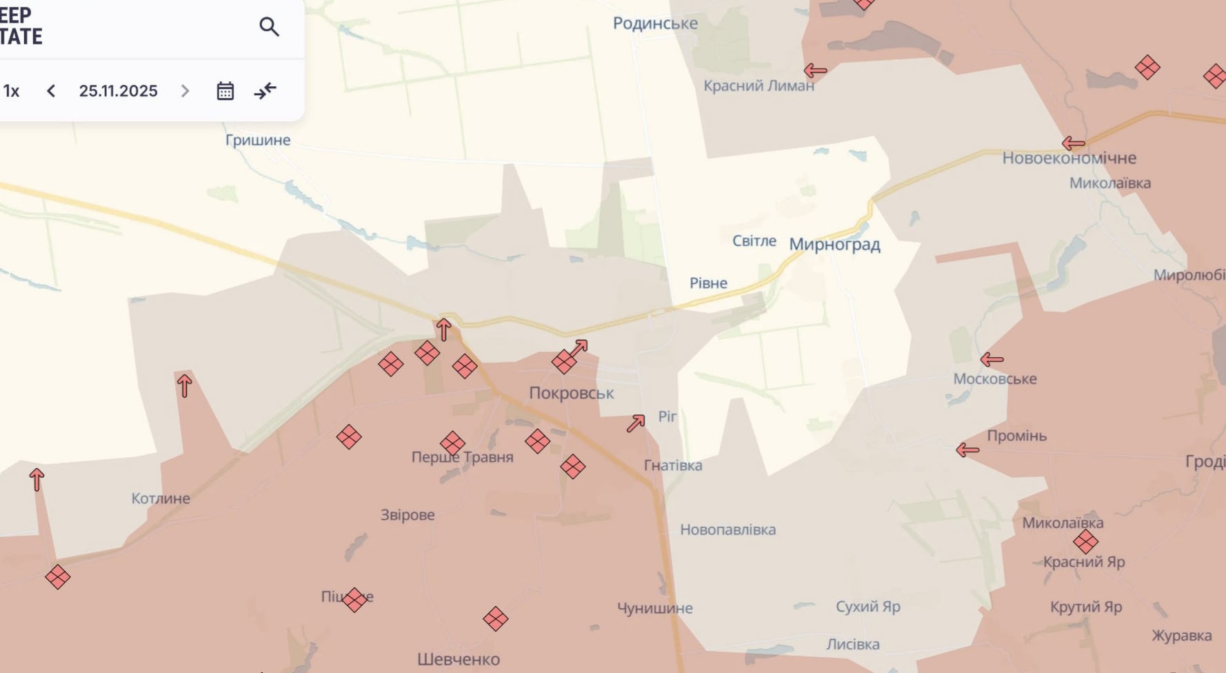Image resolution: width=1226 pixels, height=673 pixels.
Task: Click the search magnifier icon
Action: (x=269, y=27)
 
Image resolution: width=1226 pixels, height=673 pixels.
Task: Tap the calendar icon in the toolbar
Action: (x=225, y=91)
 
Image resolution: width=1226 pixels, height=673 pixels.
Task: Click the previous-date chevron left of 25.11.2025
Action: (x=51, y=91)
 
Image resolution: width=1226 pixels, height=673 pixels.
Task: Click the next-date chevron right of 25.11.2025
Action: (x=185, y=91)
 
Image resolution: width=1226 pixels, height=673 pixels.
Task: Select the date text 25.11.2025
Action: (x=118, y=91)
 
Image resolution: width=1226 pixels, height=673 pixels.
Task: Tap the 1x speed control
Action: (x=11, y=91)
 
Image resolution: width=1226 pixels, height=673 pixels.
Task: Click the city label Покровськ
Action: (x=571, y=393)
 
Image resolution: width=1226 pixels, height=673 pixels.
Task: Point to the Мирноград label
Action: (x=834, y=244)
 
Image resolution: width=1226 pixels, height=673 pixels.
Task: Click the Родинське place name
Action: (x=655, y=23)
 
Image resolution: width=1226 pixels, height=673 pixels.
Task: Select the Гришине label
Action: (x=258, y=140)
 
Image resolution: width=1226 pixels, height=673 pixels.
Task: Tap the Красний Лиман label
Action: (x=758, y=86)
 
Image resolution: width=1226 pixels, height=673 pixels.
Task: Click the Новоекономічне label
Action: (x=1069, y=158)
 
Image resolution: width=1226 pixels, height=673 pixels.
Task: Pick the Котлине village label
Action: (x=161, y=499)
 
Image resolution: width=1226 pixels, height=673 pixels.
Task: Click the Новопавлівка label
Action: (x=727, y=530)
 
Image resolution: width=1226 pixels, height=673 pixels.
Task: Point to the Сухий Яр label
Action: (x=867, y=607)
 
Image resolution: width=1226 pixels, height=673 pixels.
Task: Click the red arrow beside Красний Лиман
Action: (x=815, y=70)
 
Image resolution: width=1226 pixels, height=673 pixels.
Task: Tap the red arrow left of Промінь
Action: (x=967, y=450)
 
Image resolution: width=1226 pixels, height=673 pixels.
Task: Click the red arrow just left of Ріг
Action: (x=636, y=423)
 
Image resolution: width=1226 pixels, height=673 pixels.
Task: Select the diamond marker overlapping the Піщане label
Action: (x=354, y=600)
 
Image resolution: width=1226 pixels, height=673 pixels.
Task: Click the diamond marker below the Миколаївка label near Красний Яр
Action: (x=1085, y=542)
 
